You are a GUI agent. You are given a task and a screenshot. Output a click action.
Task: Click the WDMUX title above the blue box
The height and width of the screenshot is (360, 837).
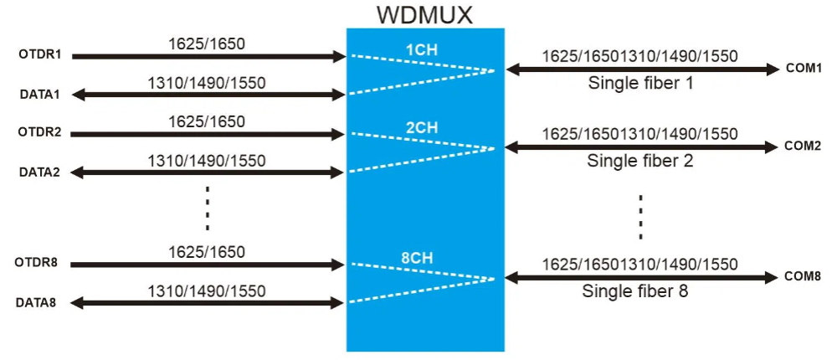(x=424, y=14)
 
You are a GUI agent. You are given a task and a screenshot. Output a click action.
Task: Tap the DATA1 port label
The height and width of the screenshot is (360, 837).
(x=39, y=95)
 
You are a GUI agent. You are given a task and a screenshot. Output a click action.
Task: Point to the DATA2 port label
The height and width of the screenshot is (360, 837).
(x=39, y=172)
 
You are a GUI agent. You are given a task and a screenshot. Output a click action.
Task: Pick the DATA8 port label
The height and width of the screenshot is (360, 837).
(x=36, y=303)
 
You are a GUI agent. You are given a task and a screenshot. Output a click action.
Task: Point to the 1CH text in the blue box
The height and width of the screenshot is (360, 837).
(x=421, y=51)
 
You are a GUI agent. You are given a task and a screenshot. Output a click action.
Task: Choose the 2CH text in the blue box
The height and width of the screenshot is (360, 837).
(x=421, y=127)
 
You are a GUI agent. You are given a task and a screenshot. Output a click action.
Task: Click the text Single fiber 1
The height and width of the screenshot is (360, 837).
(x=640, y=83)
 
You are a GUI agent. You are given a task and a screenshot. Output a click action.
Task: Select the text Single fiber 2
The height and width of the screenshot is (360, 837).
(x=640, y=161)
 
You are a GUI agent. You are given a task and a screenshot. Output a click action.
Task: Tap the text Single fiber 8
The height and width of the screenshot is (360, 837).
(x=635, y=293)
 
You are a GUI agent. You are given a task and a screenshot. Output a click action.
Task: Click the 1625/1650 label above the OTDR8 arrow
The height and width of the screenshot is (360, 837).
(x=207, y=251)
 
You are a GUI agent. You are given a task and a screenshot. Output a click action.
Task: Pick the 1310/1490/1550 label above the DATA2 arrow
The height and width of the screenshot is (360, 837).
(x=207, y=160)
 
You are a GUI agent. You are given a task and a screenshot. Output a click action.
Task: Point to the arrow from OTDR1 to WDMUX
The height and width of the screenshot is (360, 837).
(x=208, y=57)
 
